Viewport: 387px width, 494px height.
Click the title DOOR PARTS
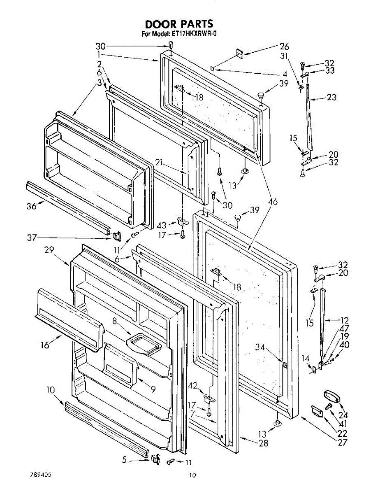[179, 24]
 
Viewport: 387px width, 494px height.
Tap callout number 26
[285, 47]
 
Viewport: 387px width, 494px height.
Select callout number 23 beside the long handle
[331, 98]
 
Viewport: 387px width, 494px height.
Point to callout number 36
[32, 206]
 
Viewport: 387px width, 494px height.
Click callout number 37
[32, 238]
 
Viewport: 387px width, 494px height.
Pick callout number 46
[273, 202]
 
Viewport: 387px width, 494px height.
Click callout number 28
[263, 443]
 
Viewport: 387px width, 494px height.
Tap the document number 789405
[41, 474]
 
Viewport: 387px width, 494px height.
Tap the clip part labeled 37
[116, 236]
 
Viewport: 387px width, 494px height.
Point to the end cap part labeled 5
[155, 458]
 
